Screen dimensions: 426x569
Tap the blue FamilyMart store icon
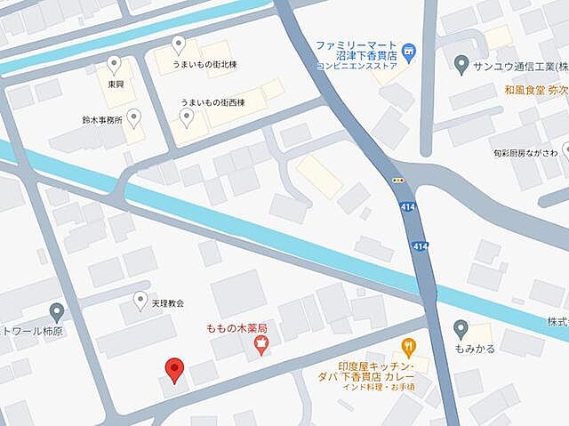[x=408, y=52]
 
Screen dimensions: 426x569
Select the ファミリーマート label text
[x=355, y=44]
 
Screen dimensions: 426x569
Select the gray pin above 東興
[x=114, y=64]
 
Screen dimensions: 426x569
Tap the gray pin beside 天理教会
[x=140, y=301]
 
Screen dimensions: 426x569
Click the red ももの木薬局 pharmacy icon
[x=260, y=346]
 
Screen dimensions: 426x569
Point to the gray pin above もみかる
[x=461, y=327]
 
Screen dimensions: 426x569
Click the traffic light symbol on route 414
[x=399, y=179]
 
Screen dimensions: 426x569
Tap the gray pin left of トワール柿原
[x=57, y=311]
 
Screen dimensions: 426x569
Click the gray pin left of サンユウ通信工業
[x=461, y=65]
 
